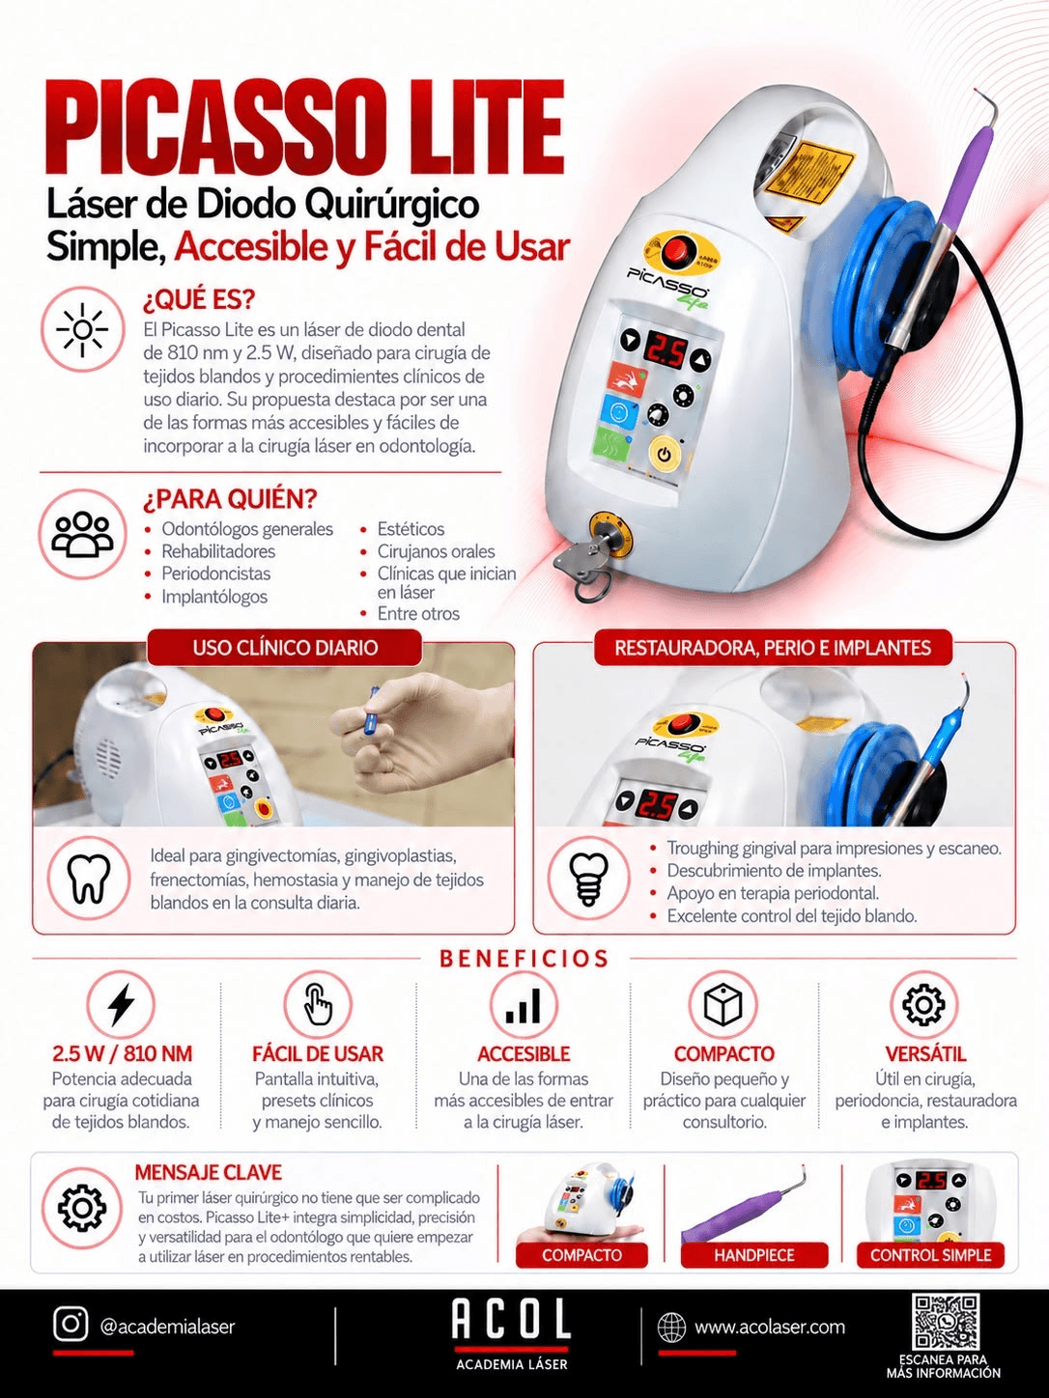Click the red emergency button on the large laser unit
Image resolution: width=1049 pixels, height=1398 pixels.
674,251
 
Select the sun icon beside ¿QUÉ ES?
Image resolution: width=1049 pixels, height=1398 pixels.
82,329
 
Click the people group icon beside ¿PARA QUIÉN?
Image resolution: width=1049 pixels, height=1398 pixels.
83,534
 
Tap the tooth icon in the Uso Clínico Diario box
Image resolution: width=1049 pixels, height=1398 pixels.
89,879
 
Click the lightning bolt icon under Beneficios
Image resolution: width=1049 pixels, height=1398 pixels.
121,1005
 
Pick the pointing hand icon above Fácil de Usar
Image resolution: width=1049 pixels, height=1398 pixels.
318,1004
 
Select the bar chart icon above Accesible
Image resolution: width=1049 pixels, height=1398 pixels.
523,1006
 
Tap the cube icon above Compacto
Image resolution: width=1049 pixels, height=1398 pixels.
723,1005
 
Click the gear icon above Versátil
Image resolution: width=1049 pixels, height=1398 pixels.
923,1005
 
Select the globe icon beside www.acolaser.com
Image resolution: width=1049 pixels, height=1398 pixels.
671,1328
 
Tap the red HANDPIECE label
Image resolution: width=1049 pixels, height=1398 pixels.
754,1255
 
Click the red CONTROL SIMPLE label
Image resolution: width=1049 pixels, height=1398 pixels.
930,1255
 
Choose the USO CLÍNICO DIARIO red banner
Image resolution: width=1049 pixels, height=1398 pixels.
285,648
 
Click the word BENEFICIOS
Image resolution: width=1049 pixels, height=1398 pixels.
524,959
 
